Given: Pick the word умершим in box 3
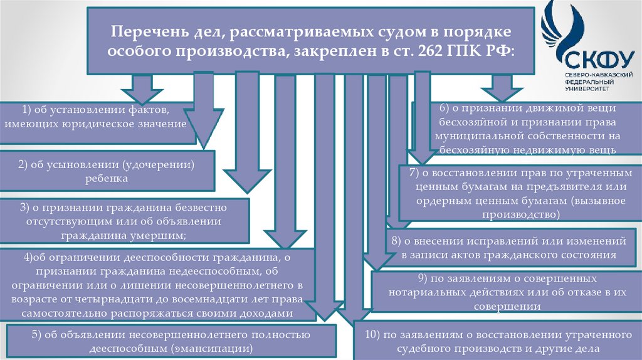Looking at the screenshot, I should [x=166, y=236].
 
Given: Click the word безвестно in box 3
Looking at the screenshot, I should [x=190, y=207].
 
